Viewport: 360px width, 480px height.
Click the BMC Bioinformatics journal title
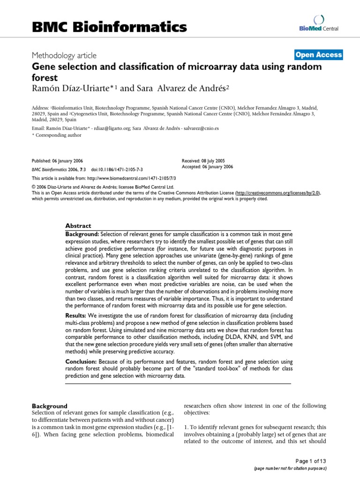click(109, 27)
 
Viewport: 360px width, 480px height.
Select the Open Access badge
click(319, 55)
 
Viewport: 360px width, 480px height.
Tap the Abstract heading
click(78, 225)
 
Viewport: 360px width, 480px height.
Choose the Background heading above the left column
click(49, 406)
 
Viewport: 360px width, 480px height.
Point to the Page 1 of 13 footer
click(311, 461)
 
